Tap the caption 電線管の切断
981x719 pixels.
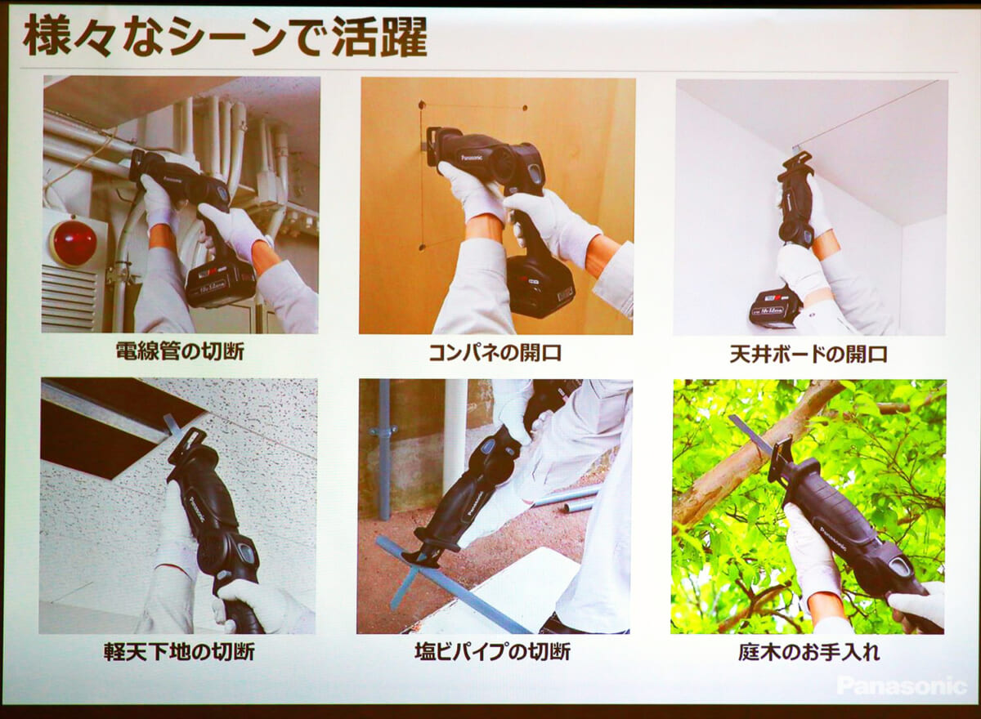point(180,351)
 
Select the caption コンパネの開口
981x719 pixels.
point(495,353)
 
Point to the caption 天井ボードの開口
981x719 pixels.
point(809,355)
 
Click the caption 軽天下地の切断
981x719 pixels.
point(179,652)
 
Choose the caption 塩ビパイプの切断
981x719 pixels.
point(493,652)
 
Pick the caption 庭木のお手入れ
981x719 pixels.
point(809,653)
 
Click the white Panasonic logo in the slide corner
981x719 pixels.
point(903,686)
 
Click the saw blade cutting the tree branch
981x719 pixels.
point(751,435)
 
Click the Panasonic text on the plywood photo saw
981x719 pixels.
point(470,156)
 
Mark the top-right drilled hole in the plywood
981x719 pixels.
point(525,108)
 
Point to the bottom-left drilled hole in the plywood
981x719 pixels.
point(422,248)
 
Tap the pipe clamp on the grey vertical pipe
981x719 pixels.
point(383,431)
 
